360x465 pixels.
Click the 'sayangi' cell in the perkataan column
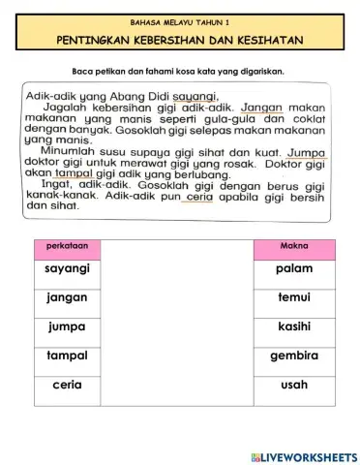point(67,268)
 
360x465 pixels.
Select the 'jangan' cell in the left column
point(67,297)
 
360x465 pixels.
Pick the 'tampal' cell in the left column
point(67,356)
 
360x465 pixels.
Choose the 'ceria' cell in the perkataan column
point(67,385)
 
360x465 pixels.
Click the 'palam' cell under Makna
point(294,268)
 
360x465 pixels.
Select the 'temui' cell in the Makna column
point(294,297)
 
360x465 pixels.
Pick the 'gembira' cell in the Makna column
point(294,356)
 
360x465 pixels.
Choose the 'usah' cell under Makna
point(294,385)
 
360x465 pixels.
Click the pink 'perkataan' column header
point(67,246)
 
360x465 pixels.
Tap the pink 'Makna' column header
point(294,246)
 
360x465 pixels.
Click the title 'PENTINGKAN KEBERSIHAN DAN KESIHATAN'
point(180,40)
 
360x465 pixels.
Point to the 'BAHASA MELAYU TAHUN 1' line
point(180,20)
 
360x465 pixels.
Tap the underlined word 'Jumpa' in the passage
point(307,152)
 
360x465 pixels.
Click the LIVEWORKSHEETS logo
point(303,455)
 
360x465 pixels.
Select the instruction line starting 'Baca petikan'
point(180,72)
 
